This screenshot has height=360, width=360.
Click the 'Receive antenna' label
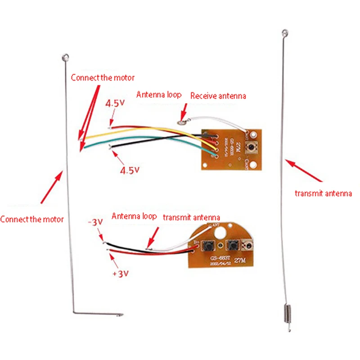[218, 96]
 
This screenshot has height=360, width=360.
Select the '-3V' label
[95, 223]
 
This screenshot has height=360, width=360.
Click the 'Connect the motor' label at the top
[103, 77]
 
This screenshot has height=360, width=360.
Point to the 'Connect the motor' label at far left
[32, 220]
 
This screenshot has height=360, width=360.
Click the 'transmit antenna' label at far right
[323, 193]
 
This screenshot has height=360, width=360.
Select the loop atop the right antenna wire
[284, 32]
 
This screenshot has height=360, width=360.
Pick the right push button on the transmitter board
[233, 245]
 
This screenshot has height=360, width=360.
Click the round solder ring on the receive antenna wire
[181, 121]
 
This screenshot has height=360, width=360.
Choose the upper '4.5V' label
[115, 103]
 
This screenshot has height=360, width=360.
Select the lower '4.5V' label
[129, 170]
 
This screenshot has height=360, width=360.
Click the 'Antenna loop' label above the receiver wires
[159, 95]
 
